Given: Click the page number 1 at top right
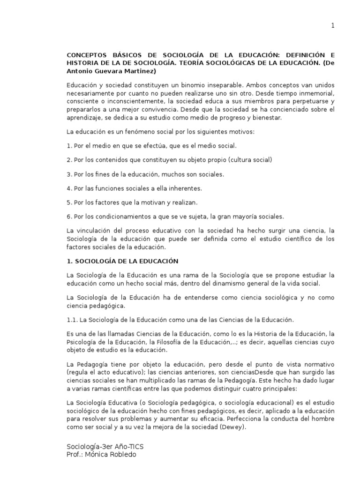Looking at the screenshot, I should tap(333, 26).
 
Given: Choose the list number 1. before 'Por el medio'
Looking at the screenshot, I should tap(69, 146).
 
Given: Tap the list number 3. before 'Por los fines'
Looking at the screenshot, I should tap(69, 174).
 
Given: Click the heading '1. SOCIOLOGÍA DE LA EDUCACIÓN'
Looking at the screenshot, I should tap(122, 261).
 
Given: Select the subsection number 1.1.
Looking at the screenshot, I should tap(73, 319).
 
